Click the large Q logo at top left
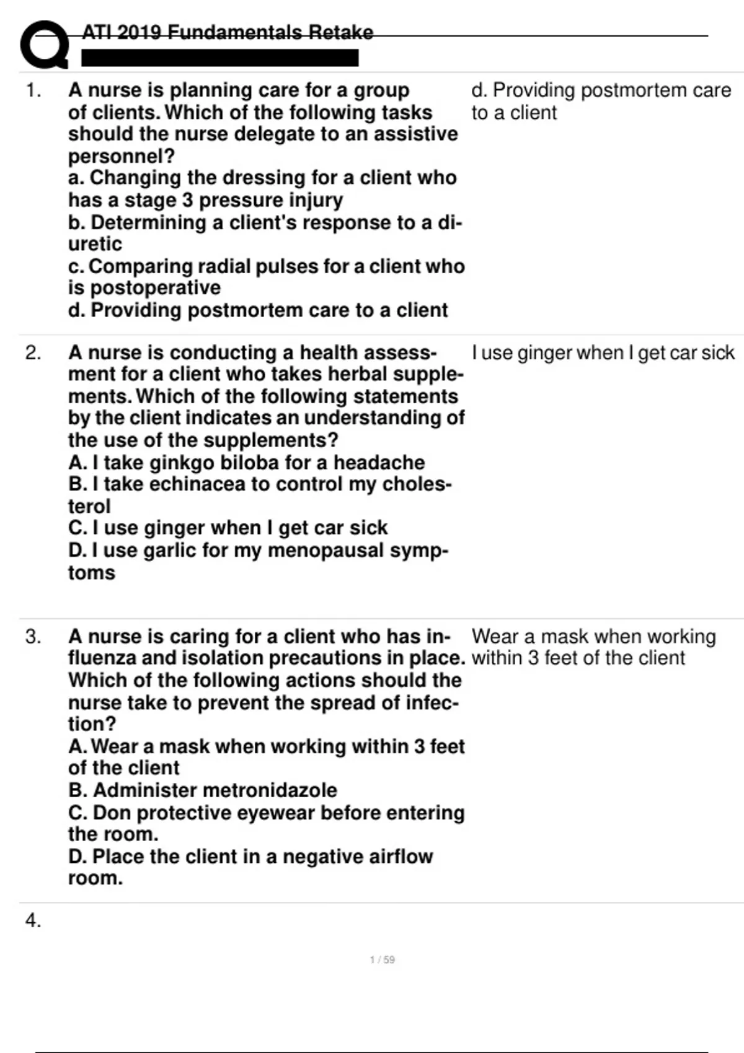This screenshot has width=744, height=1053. coord(43,45)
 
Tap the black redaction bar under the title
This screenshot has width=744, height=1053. coord(220,58)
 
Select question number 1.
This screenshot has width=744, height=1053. coord(33,91)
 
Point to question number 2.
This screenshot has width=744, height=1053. coord(33,353)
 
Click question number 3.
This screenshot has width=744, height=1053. coord(33,637)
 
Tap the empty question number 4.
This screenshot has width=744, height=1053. coord(33,921)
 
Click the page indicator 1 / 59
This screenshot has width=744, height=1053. coord(382,960)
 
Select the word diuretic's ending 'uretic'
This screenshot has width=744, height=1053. coord(95,244)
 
